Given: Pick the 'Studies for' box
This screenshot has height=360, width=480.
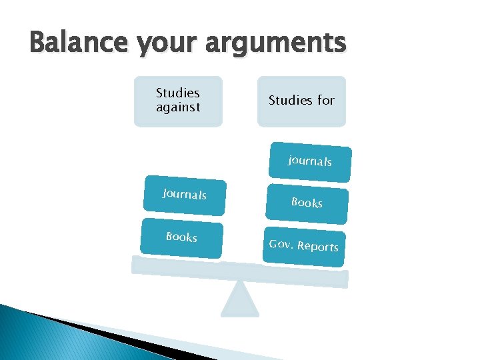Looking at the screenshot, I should (301, 101).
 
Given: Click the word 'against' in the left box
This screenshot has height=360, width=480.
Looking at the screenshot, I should (178, 107).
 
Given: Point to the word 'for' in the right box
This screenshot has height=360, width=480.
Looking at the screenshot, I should (326, 101).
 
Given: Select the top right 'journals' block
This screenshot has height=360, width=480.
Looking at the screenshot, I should (310, 162).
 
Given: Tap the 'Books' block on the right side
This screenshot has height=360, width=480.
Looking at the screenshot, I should (307, 203).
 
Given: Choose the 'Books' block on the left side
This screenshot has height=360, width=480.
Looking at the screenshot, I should (181, 237).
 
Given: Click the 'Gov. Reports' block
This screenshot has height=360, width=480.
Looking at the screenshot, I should (304, 246).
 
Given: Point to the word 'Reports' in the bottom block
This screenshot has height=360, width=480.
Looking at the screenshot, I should (318, 247).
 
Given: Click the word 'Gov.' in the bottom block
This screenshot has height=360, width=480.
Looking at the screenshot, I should (281, 243).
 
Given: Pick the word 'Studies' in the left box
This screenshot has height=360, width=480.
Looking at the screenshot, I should (178, 93).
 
